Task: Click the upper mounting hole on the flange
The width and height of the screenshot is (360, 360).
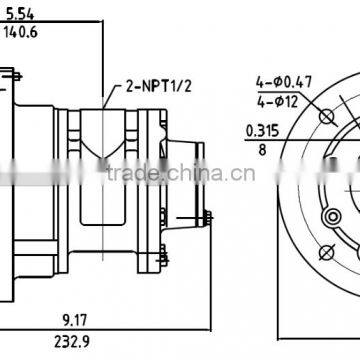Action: point(325,118)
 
